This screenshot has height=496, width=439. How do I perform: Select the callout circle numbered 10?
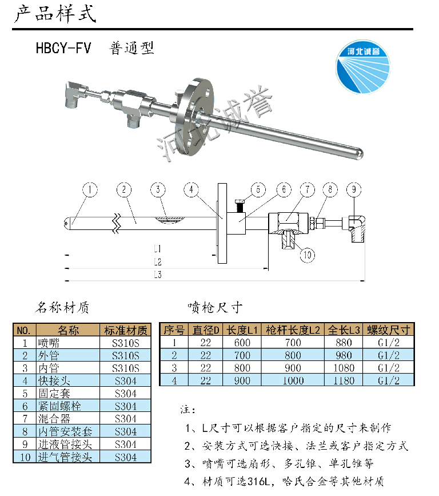click(x=307, y=255)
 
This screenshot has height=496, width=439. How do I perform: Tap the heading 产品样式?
click(x=55, y=14)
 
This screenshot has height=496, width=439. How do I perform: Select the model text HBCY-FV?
click(x=63, y=48)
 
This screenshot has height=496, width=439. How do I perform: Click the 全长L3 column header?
click(x=344, y=330)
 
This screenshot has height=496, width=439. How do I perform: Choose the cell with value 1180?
click(x=344, y=380)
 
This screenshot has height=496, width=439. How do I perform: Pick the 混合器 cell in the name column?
click(x=53, y=419)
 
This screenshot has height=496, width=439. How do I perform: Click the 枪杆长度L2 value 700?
click(x=292, y=343)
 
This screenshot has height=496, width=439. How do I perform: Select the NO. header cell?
click(x=25, y=330)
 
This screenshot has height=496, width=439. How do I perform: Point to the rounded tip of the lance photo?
click(x=358, y=153)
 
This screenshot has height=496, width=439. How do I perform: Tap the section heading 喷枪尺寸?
click(x=215, y=308)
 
